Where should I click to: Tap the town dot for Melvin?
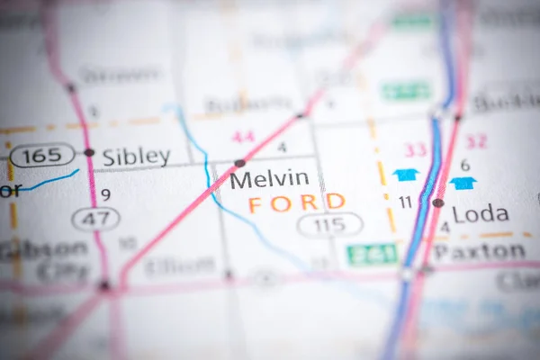tap(239, 163)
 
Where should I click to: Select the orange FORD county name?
tap(296, 203)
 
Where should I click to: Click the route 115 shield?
tap(330, 225)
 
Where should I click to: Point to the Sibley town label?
tap(136, 157)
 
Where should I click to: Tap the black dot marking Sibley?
tap(89, 152)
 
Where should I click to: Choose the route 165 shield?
tap(42, 155)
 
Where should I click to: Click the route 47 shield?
tap(95, 219)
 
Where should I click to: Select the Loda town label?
tap(481, 214)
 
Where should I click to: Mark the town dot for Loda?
tap(437, 203)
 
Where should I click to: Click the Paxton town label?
tap(479, 252)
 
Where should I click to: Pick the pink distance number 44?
tap(243, 137)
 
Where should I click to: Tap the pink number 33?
tap(415, 149)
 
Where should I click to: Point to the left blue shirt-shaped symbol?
tap(406, 175)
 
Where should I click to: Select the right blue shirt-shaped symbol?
tap(463, 183)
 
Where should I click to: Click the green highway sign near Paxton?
tap(372, 255)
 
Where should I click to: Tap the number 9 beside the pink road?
tap(105, 193)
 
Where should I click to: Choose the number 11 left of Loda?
tap(405, 202)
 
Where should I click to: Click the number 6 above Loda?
tap(465, 165)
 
